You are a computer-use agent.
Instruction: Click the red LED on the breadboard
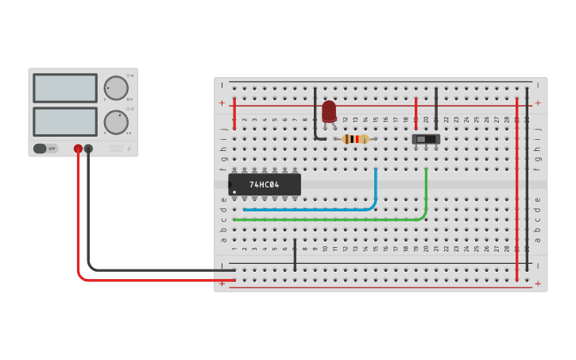[x=329, y=110]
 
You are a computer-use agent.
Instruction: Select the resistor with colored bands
[x=355, y=139]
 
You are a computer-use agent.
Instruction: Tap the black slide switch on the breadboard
[x=426, y=139]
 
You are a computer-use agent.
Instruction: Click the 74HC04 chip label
[x=264, y=184]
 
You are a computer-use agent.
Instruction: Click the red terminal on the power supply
[x=78, y=149]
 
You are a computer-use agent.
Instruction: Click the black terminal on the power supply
[x=88, y=149]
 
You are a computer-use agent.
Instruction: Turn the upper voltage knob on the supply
[x=115, y=87]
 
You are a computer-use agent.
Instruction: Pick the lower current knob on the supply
[x=115, y=122]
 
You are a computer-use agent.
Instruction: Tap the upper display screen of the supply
[x=65, y=87]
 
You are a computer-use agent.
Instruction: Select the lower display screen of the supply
[x=65, y=122]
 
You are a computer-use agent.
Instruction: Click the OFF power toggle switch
[x=46, y=149]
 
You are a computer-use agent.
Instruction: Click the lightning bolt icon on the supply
[x=130, y=149]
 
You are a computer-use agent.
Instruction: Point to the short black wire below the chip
[x=295, y=254]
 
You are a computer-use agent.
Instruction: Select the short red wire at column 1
[x=234, y=114]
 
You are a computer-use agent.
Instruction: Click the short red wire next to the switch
[x=416, y=113]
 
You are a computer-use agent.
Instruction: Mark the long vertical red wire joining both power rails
[x=516, y=191]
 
